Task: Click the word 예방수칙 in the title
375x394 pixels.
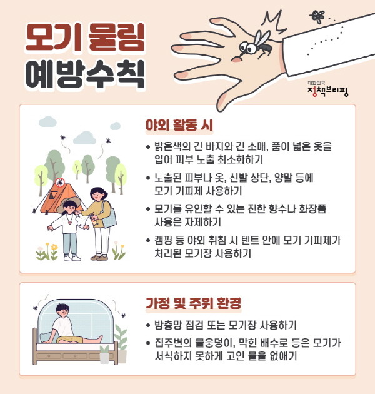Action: pos(85,74)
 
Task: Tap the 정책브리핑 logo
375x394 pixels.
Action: pos(327,89)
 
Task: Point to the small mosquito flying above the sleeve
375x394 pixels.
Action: pos(317,16)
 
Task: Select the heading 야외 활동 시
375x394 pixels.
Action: pos(179,125)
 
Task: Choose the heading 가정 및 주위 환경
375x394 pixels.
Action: pos(193,303)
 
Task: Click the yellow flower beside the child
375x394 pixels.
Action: pos(54,247)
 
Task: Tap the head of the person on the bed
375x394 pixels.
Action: pos(62,311)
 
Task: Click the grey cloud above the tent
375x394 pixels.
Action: pos(84,138)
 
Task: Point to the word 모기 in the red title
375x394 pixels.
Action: pos(53,37)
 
